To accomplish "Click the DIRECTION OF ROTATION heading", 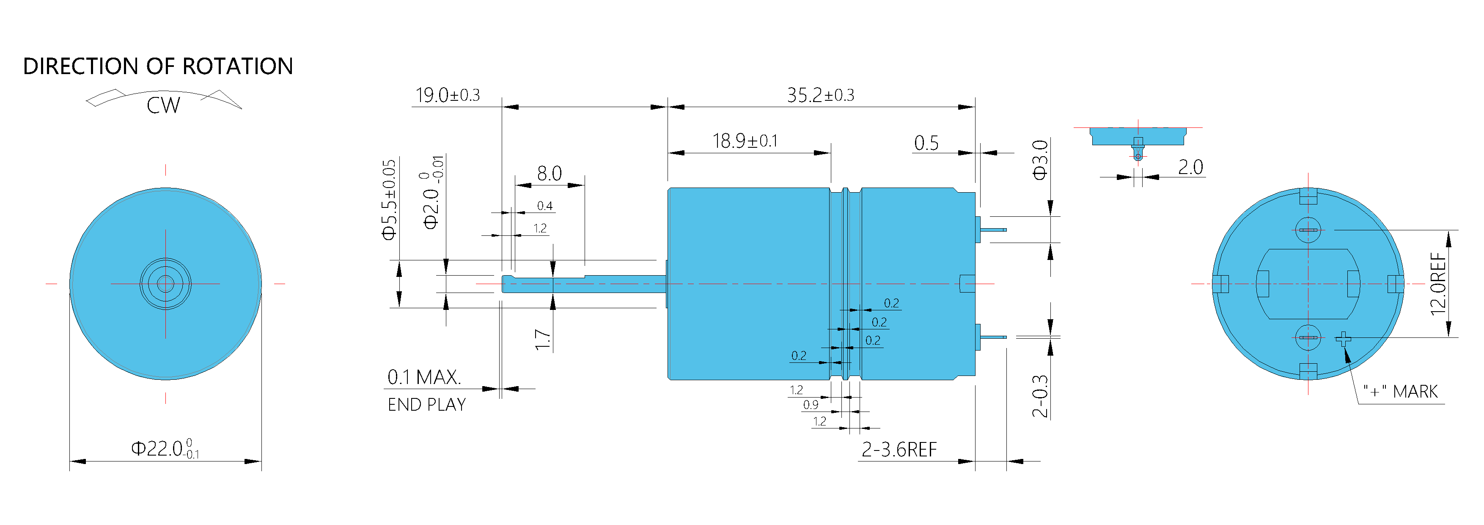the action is coord(158,66).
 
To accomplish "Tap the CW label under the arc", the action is coord(164,105).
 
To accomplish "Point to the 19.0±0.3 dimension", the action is coord(448,95).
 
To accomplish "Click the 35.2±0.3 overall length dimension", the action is coord(820,95).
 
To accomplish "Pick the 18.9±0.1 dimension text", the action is coord(745,141).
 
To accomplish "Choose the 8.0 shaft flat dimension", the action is coord(549,174).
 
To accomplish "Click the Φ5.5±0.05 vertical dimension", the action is coord(390,199).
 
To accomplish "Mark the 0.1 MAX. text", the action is coord(424,378).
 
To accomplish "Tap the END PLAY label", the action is coord(427,405).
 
